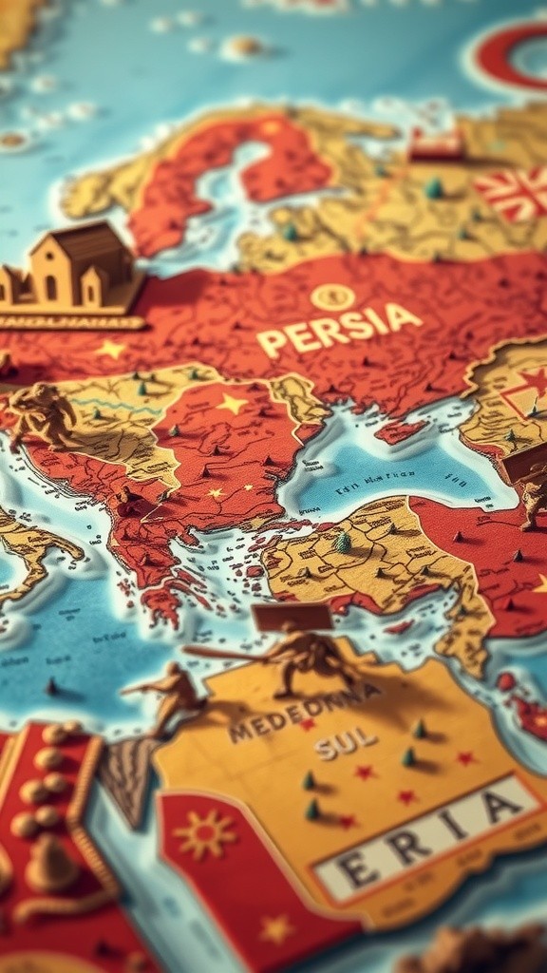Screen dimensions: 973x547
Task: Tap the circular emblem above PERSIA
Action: pyautogui.click(x=332, y=297)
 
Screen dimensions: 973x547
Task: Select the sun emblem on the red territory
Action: pyautogui.click(x=202, y=833)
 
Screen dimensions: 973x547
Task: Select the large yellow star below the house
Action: pyautogui.click(x=111, y=349)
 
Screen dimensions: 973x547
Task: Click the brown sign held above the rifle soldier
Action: pyautogui.click(x=292, y=617)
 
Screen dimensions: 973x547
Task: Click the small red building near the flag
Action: pyautogui.click(x=436, y=144)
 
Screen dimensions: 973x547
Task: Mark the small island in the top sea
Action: pyautogui.click(x=242, y=46)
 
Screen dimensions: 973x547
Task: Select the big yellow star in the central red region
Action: pyautogui.click(x=233, y=404)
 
